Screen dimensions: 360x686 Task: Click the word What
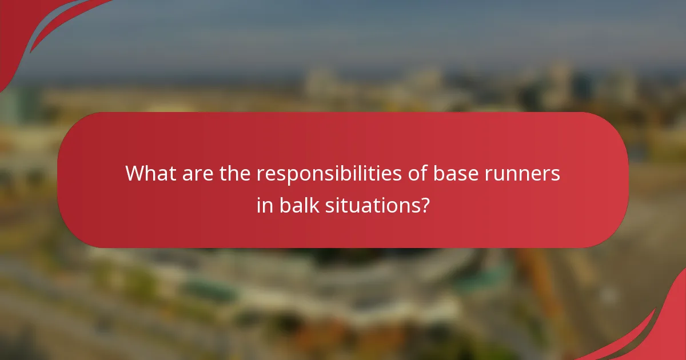coord(150,173)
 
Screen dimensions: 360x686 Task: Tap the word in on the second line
coord(265,205)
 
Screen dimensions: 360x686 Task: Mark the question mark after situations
coord(424,205)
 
